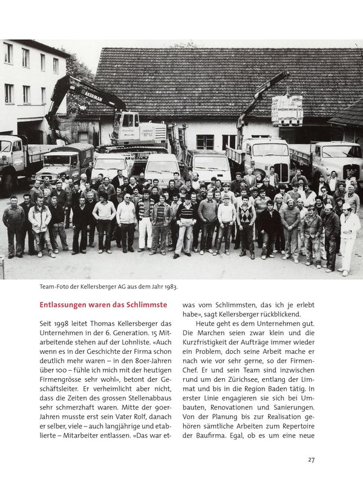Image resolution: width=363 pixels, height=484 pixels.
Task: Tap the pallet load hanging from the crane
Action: point(287,110)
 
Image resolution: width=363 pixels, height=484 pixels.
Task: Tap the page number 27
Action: point(311,460)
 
